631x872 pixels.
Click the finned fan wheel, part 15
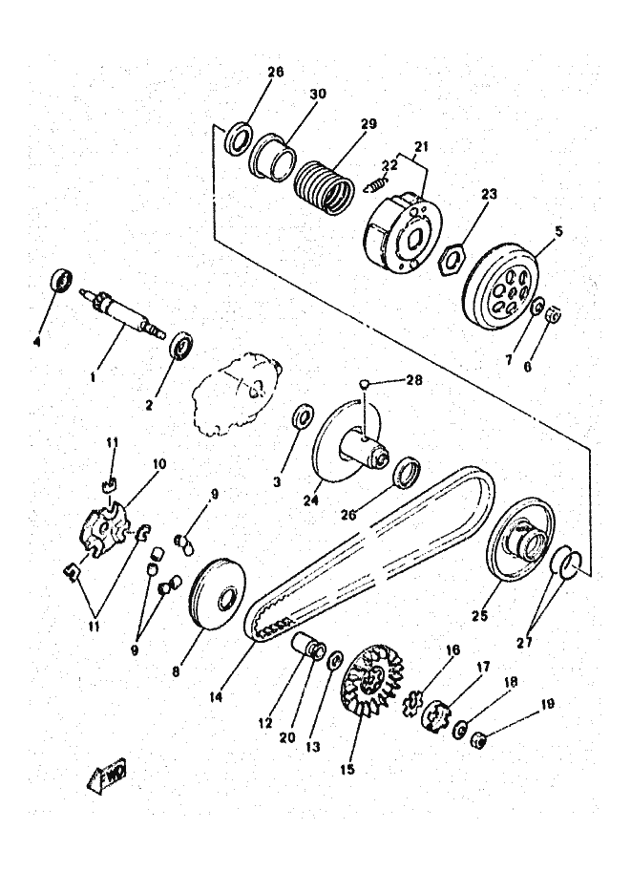tap(371, 684)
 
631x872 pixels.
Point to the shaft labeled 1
tap(129, 314)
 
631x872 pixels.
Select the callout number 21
tap(421, 146)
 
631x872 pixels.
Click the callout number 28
tap(412, 380)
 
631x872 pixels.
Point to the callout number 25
tap(480, 616)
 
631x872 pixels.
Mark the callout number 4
tap(38, 340)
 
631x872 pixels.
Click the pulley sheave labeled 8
tap(220, 597)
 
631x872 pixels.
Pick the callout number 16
tap(452, 650)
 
